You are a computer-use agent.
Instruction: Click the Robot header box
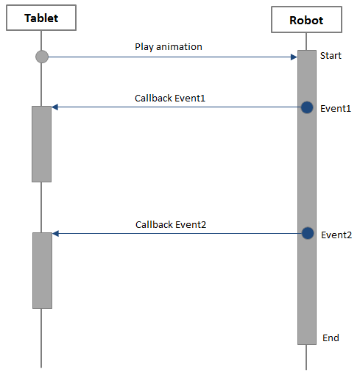click(306, 20)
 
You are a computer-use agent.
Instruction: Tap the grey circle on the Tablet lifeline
click(42, 57)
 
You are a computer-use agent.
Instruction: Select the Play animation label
click(168, 47)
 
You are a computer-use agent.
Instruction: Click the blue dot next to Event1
click(307, 107)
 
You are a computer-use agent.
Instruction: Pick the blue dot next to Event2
click(308, 233)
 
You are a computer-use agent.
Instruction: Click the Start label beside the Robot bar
click(331, 56)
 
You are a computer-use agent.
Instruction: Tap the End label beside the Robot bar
click(331, 337)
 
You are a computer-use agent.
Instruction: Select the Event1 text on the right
click(336, 109)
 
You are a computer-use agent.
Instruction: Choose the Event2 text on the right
click(336, 235)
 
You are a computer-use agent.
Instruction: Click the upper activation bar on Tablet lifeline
click(41, 143)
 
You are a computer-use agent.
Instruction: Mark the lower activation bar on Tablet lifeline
click(42, 270)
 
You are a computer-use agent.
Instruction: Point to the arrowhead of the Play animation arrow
click(292, 57)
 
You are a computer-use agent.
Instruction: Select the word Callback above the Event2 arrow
click(153, 225)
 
